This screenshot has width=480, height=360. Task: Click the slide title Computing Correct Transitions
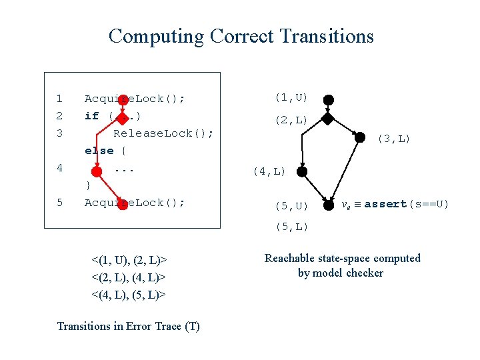[241, 36]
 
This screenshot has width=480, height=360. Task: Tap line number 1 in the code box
[59, 99]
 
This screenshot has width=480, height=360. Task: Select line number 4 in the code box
[59, 168]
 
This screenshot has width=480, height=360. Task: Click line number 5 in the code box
[59, 203]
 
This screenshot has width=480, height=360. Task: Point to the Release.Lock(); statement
[163, 133]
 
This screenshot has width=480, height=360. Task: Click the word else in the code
[99, 151]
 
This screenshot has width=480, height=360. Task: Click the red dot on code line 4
[97, 171]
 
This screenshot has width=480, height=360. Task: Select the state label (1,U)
[291, 98]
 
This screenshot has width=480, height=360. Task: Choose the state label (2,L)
[291, 121]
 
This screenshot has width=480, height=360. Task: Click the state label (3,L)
[394, 139]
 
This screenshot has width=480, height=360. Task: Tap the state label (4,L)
[269, 172]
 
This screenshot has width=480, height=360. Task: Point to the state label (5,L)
[291, 227]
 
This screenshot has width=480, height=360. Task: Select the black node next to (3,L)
[360, 137]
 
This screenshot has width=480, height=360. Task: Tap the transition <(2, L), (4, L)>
[129, 277]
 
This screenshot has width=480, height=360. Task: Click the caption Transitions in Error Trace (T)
[128, 326]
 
